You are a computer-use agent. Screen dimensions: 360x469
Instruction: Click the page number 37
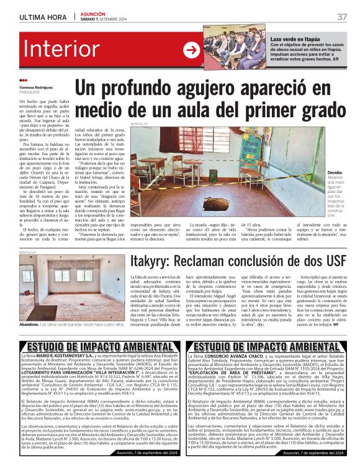point(342,16)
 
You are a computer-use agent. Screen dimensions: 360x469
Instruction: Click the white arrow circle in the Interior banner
point(192,50)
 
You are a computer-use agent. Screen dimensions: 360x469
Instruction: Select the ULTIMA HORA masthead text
point(43,16)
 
